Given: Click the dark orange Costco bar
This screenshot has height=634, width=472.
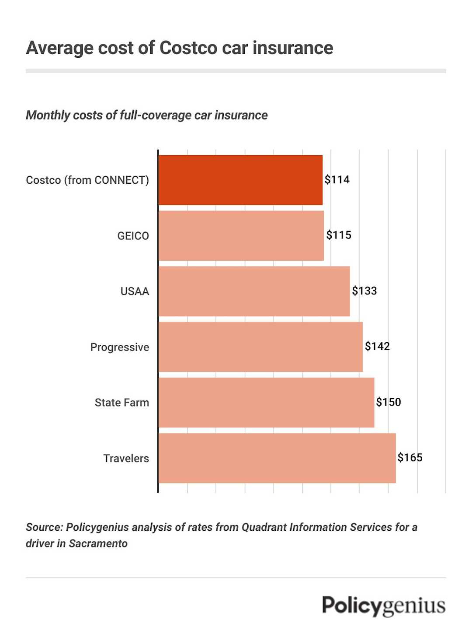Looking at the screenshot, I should pos(240,180).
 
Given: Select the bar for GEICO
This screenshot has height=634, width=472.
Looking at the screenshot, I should pos(241,236).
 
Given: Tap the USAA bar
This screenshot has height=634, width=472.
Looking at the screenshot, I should pos(254,291).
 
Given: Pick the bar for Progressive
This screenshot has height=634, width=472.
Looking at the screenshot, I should pos(260,347).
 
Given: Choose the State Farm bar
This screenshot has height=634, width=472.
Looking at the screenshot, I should pos(266,403).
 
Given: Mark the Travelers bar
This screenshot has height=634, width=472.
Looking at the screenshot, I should pos(277,458).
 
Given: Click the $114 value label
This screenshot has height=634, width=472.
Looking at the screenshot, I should pos(337,179).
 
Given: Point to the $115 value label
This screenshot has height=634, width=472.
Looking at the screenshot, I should pos(339,235).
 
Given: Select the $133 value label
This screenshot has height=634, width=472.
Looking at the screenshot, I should pos(364,291).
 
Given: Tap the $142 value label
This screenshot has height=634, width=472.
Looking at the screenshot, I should pos(377,346).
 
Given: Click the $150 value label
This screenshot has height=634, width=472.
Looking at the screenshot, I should pos(389,402).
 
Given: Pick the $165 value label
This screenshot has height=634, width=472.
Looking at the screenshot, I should pos(410,457).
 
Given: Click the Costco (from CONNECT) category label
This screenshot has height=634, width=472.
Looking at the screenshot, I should pos(87,180).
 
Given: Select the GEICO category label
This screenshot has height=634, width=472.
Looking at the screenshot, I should pos(133,236).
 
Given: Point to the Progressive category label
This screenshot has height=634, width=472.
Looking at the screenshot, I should pos(119,347).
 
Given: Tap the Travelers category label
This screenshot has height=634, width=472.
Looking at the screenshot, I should pos(126,458).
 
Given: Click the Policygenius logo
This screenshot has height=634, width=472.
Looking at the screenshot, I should pos(384,606).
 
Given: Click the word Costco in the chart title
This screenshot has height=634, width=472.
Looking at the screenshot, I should pos(188,48).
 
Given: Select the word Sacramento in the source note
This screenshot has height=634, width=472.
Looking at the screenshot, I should pos(98,543).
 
